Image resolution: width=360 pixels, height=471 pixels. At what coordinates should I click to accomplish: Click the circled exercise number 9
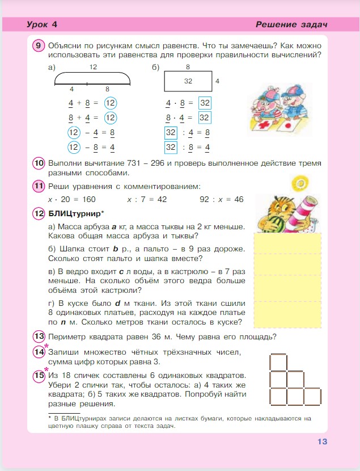click(39, 45)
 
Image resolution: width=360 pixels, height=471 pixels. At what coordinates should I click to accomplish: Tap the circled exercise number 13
click(39, 336)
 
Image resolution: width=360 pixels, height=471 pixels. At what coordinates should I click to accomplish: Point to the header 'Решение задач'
click(291, 24)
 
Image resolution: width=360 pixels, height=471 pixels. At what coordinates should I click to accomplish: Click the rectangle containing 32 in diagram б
click(188, 81)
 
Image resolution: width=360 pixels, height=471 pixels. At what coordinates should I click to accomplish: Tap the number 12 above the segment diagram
click(93, 67)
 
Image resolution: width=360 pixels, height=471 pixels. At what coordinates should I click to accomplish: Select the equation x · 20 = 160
click(72, 199)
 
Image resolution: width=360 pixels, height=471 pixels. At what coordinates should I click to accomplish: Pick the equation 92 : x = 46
click(222, 199)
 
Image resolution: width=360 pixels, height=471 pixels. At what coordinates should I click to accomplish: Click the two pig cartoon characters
click(276, 107)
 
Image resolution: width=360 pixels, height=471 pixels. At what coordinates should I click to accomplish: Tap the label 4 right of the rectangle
click(218, 81)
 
